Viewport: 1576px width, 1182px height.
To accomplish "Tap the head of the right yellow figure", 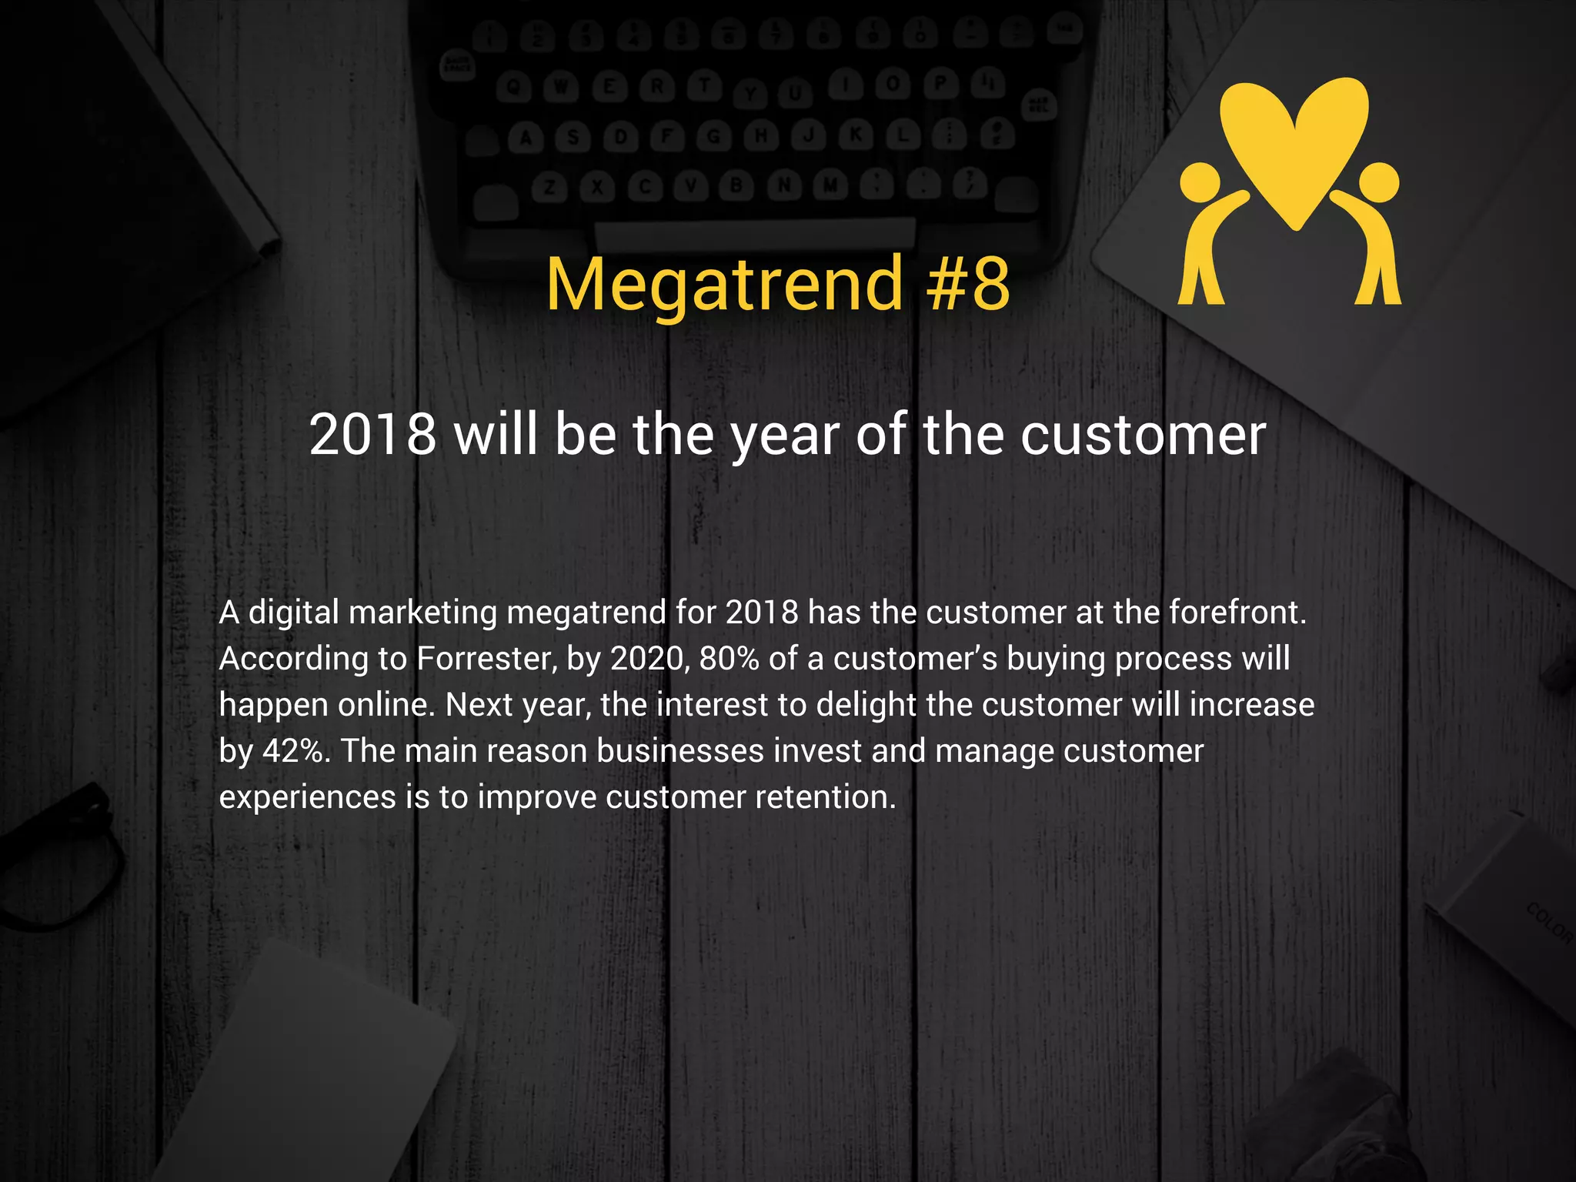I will (x=1379, y=182).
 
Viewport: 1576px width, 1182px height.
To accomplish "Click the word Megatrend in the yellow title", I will (x=724, y=285).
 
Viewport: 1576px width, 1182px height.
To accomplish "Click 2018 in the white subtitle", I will (x=372, y=435).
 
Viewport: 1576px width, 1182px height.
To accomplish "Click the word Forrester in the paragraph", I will (x=486, y=659).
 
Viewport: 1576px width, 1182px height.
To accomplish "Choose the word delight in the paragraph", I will (x=866, y=705).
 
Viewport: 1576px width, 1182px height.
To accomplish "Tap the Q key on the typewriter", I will (x=513, y=88).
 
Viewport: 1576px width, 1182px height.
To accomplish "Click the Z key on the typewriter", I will (x=549, y=187).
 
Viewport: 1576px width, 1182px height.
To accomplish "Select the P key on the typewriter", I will (x=940, y=83).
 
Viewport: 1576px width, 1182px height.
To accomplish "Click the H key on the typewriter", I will (x=761, y=136).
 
